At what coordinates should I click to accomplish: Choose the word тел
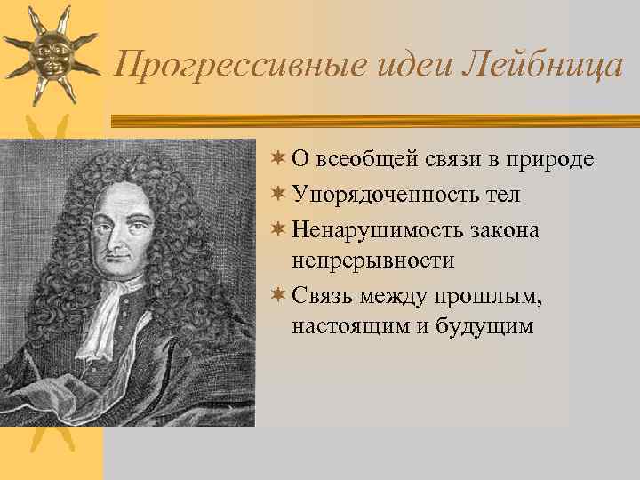[503, 195]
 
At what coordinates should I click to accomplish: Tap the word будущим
[484, 326]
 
